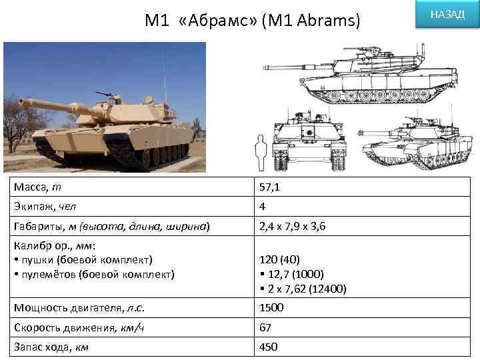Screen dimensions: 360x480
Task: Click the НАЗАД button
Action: [x=447, y=15]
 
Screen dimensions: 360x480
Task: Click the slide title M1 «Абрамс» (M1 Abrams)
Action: [x=253, y=21]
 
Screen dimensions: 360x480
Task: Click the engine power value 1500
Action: [x=272, y=307]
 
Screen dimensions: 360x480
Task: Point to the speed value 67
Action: [x=267, y=327]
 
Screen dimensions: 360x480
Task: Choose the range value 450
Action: [x=269, y=347]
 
